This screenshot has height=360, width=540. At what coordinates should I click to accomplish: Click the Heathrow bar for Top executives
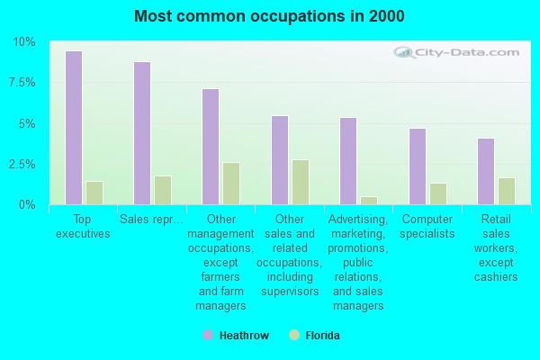[x=74, y=128]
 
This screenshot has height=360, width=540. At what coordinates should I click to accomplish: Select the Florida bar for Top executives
[x=94, y=193]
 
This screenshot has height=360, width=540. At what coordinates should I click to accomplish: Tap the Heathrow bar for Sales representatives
[x=142, y=133]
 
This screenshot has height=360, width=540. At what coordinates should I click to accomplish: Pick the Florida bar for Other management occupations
[x=231, y=184]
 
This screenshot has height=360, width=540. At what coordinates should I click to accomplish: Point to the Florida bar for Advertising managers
[x=369, y=201]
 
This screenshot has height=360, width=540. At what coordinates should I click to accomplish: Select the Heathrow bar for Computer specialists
[x=418, y=166]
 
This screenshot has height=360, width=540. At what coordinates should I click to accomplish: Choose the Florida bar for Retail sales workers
[x=507, y=191]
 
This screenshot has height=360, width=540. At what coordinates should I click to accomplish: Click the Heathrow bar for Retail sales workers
[x=486, y=171]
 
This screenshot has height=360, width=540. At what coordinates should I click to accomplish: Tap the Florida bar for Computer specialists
[x=438, y=193]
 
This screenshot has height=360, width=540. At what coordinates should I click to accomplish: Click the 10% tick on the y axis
[x=24, y=42]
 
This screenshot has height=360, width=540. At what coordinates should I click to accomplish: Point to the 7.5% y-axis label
[x=22, y=83]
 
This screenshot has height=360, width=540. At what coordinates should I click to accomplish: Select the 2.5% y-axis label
[x=22, y=165]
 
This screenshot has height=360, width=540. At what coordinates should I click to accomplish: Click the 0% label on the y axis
[x=27, y=205]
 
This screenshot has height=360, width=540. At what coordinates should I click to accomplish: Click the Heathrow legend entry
[x=236, y=336]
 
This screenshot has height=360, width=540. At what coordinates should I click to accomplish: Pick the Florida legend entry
[x=314, y=336]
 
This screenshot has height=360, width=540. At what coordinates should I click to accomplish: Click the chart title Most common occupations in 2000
[x=269, y=16]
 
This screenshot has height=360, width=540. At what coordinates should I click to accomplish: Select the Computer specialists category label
[x=427, y=226]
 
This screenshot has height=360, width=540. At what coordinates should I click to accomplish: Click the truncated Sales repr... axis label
[x=151, y=220]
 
